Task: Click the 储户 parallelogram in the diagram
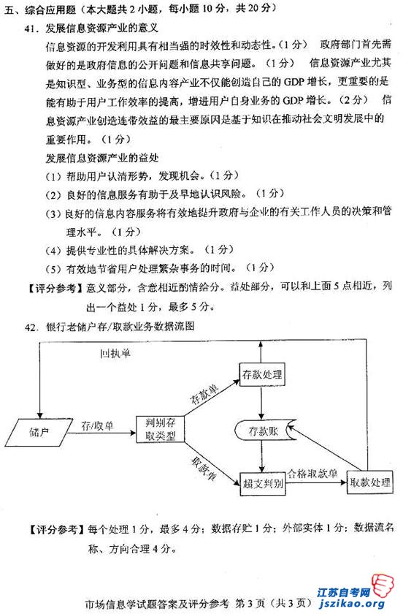(39, 432)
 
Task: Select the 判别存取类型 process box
(161, 429)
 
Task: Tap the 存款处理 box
(262, 375)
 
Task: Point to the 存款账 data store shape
(265, 431)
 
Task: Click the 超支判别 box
(263, 484)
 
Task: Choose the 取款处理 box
(370, 482)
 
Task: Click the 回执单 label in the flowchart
(115, 354)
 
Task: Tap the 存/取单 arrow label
(97, 425)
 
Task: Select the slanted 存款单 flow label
(204, 394)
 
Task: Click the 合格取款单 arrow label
(312, 474)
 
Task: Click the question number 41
(31, 29)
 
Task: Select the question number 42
(31, 327)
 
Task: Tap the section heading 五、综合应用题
(39, 10)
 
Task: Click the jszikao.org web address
(352, 604)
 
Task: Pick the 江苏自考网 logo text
(344, 592)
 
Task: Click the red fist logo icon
(383, 585)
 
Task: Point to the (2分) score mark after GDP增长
(354, 100)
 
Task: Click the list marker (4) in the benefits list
(53, 251)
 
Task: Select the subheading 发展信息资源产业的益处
(102, 158)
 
